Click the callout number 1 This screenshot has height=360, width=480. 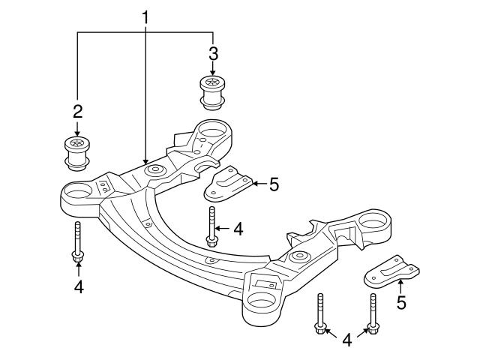click(x=146, y=16)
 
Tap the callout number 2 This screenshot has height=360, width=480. click(x=76, y=112)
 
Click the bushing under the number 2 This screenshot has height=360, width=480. click(x=76, y=151)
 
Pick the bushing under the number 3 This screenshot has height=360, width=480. click(x=212, y=90)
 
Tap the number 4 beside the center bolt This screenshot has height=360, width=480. click(x=238, y=229)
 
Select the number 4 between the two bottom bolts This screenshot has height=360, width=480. click(x=346, y=340)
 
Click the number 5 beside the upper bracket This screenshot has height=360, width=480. click(x=274, y=183)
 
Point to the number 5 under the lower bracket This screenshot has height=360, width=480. click(x=400, y=304)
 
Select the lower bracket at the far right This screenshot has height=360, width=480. click(x=389, y=273)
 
